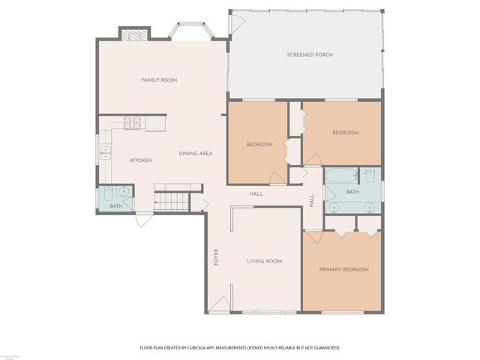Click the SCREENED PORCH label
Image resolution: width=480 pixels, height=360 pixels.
coord(310,55)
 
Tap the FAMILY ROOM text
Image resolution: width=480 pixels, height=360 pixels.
coord(159,79)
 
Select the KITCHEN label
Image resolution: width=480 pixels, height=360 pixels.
coord(141,160)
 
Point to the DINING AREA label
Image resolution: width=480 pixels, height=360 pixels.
coord(196,154)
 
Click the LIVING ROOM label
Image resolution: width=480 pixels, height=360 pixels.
coord(265,261)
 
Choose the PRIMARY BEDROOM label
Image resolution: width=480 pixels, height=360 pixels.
coord(344,269)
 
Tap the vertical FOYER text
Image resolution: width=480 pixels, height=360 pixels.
coord(216,256)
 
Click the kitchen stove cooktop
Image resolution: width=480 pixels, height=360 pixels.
coord(134,122)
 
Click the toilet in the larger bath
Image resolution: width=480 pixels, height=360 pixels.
coord(370,176)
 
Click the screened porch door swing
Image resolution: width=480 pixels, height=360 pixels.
coord(235,22)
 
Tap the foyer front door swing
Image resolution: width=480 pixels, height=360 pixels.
coord(219,304)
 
